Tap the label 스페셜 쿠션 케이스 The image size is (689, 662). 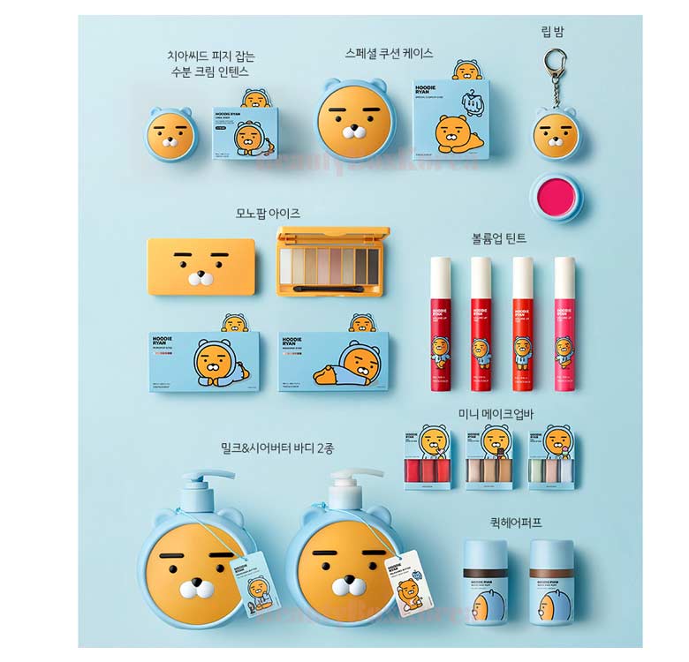[x=390, y=53]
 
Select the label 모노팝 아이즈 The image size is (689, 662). [x=268, y=213]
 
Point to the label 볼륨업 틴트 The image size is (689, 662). [x=501, y=237]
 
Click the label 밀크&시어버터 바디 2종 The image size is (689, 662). [x=278, y=448]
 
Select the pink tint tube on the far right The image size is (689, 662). [x=564, y=323]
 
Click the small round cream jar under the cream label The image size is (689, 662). [x=170, y=135]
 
